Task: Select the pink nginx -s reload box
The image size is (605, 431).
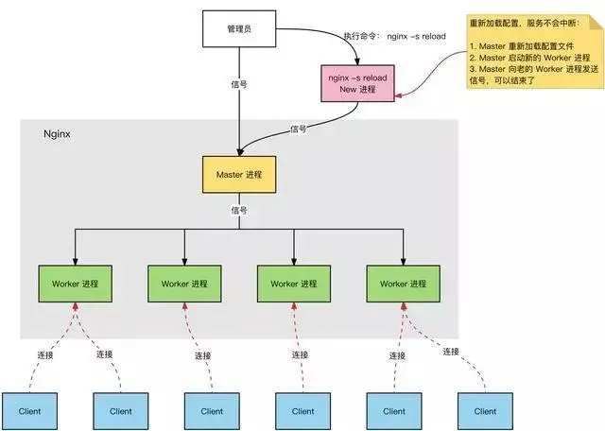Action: click(357, 82)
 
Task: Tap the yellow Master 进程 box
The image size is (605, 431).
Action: click(239, 175)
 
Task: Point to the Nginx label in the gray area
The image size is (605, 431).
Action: click(58, 134)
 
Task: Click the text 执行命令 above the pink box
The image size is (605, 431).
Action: click(354, 37)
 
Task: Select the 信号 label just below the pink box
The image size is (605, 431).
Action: click(299, 129)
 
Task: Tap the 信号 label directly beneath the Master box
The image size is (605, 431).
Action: click(239, 211)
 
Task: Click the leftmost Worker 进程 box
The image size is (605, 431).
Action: click(75, 284)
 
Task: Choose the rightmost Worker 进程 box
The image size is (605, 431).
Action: click(403, 284)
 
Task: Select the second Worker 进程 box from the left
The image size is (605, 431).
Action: click(184, 284)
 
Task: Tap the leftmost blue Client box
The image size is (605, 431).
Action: click(30, 411)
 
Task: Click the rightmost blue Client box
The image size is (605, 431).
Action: click(485, 411)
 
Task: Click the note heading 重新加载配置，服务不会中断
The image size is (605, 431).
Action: click(529, 21)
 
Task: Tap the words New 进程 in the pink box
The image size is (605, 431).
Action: click(357, 89)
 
